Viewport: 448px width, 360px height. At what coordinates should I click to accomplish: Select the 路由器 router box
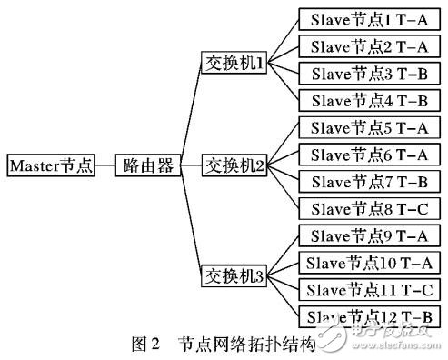(148, 165)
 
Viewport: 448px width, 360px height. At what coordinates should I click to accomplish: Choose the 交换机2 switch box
(234, 165)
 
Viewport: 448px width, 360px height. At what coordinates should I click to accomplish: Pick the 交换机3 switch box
(234, 274)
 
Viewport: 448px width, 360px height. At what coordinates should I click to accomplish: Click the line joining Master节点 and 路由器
(106, 165)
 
